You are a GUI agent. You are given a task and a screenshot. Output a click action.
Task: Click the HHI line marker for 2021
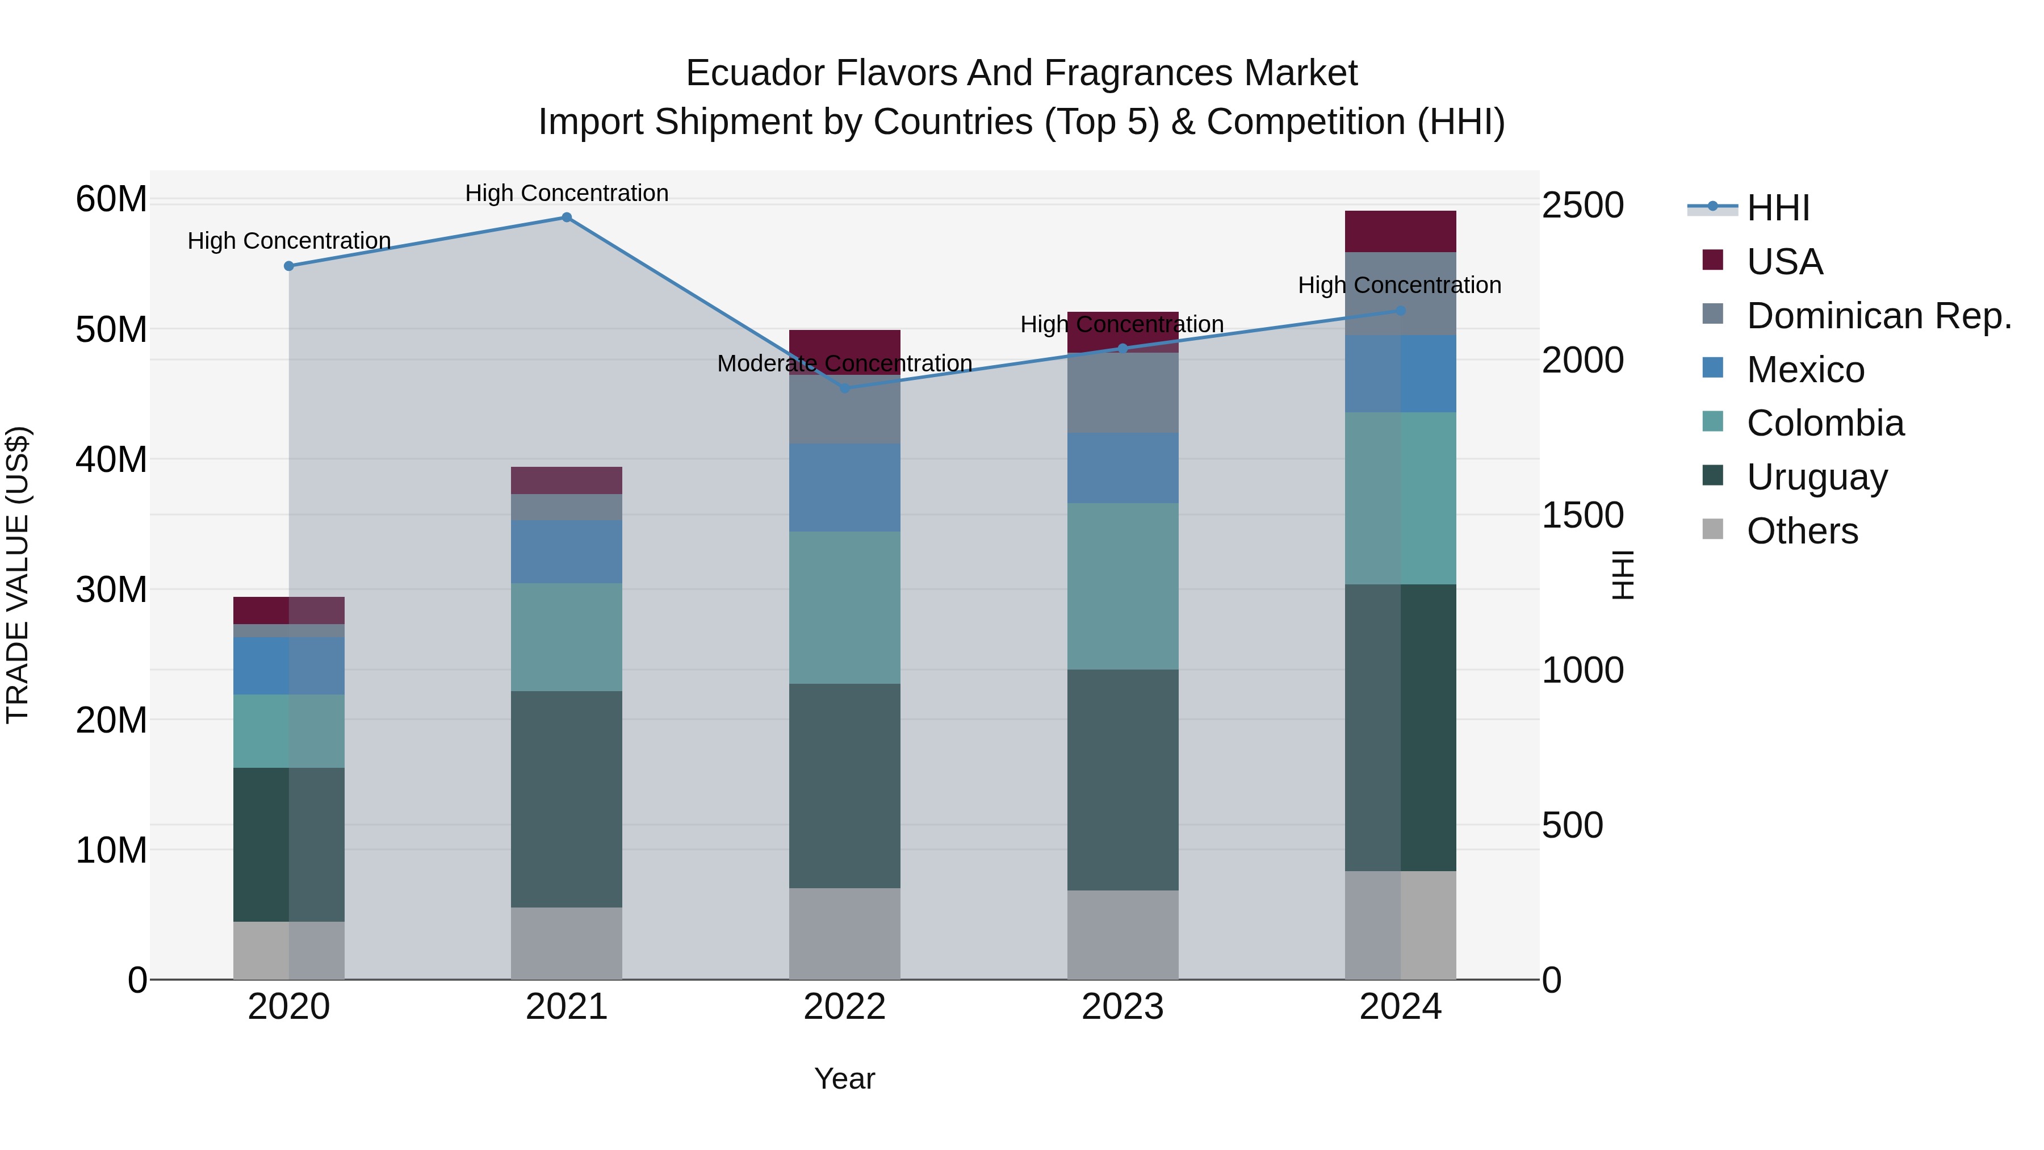[567, 218]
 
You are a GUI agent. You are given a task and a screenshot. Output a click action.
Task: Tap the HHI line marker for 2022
[844, 388]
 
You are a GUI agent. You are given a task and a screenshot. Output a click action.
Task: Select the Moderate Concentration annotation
[844, 363]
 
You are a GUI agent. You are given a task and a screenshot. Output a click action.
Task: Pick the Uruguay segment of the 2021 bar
[567, 798]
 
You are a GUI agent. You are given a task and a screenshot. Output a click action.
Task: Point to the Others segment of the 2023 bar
[1122, 934]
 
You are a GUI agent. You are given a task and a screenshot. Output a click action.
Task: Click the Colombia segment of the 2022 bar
[844, 607]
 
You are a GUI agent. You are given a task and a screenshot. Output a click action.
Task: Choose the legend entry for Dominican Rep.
[1878, 316]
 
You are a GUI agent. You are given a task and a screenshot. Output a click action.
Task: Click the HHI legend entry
[1777, 208]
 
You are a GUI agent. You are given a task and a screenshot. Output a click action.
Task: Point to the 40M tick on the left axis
[111, 459]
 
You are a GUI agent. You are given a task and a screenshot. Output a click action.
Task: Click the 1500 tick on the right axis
[1582, 515]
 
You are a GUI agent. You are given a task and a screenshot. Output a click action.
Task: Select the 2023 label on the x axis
[1122, 1007]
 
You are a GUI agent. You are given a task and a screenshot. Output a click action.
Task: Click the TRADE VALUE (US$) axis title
[18, 575]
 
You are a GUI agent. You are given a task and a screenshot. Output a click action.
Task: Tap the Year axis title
[844, 1078]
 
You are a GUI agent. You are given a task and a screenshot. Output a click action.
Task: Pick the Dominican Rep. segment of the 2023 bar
[1122, 393]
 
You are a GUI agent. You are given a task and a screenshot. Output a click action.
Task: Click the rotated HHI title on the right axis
[1623, 575]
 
